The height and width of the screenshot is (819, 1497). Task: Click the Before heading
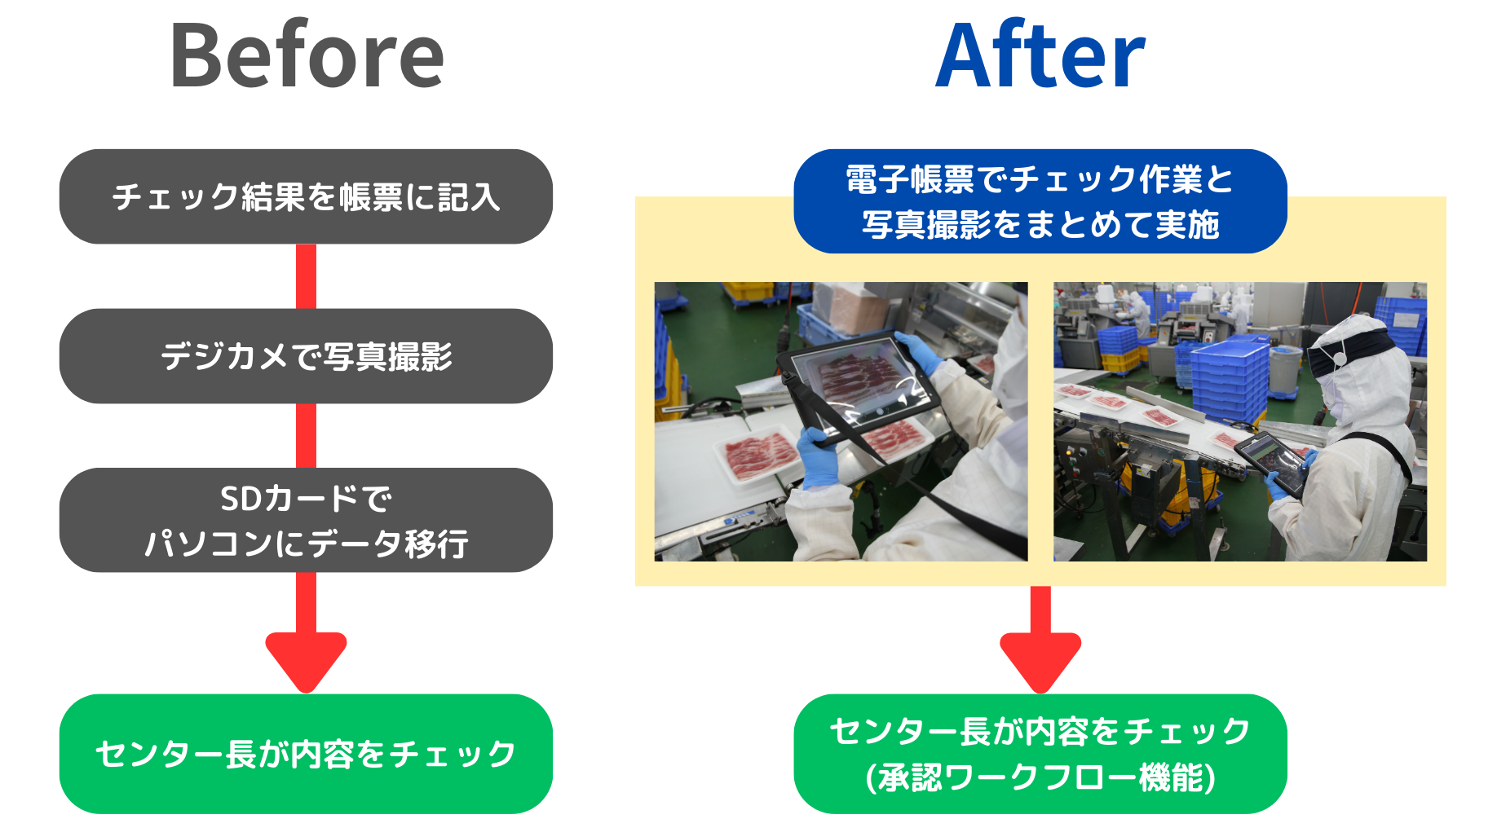pos(307,55)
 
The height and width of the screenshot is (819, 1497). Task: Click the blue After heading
pos(1040,54)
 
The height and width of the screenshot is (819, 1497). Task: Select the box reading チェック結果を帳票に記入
pos(306,196)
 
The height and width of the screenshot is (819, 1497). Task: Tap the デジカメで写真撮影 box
pos(306,356)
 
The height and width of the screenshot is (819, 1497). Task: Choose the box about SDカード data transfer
pos(306,520)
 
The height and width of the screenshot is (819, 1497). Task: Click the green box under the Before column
pos(306,754)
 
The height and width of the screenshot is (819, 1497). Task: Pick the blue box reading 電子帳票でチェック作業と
pos(1040,201)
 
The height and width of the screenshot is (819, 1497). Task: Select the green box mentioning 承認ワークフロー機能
pos(1040,754)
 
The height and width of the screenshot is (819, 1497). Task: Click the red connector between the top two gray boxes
pos(306,276)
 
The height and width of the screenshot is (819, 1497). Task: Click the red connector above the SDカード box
pos(306,435)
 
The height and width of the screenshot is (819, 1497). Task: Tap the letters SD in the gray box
pos(241,499)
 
